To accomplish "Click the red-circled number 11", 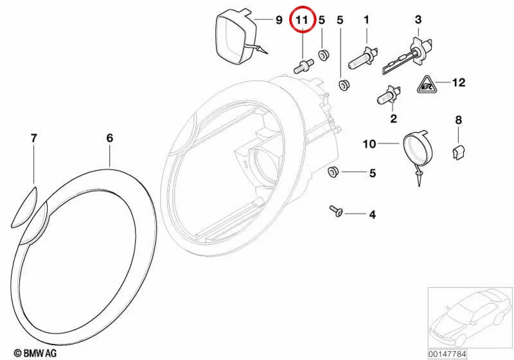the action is tap(302, 20).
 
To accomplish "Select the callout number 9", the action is tap(279, 20).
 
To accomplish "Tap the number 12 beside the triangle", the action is tap(459, 82).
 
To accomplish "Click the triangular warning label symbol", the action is tap(426, 85).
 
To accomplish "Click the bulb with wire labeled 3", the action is tap(407, 58).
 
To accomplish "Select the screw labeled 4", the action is tap(336, 210).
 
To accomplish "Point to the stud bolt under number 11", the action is tap(303, 66).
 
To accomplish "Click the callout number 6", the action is tap(110, 138).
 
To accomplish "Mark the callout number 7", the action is tap(34, 138).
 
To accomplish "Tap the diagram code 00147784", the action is tap(447, 354).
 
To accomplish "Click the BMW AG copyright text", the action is tap(35, 353).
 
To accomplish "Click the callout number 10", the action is tap(369, 144).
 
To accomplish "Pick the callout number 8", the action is tap(458, 120).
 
